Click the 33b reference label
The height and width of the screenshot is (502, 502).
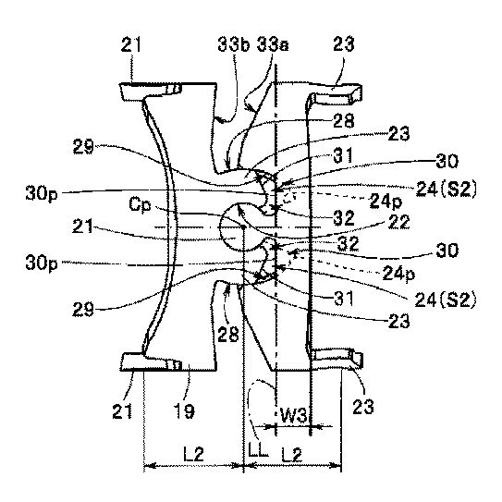pos(234,44)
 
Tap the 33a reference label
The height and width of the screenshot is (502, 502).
pos(273,44)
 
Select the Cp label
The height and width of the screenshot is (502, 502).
pos(140,204)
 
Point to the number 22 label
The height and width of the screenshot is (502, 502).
pos(398,222)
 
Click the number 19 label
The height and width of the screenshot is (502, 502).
pos(185,410)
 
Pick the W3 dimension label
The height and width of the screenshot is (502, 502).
pos(294,415)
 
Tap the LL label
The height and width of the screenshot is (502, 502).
pos(258,450)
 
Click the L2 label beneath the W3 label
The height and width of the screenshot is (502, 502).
pos(291,455)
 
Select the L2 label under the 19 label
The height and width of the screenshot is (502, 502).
pos(194,454)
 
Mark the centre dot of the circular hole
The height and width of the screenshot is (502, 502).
pos(244,227)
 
